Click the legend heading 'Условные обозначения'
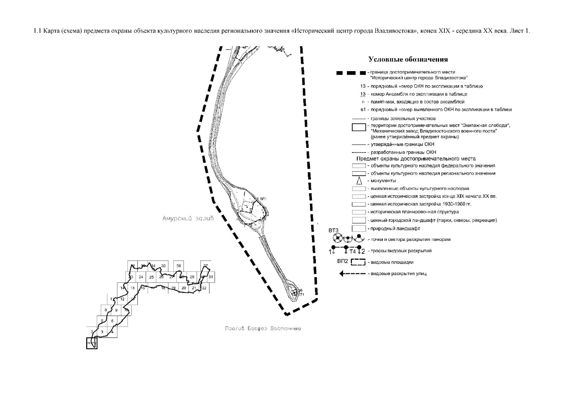(x=408, y=60)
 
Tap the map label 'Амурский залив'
(x=188, y=219)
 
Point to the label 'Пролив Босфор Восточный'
(x=263, y=329)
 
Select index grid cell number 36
(x=179, y=266)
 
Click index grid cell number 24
(x=141, y=277)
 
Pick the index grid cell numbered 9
(x=116, y=310)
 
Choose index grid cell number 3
(x=102, y=332)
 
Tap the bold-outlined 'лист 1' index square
(x=92, y=343)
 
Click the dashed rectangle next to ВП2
(x=358, y=262)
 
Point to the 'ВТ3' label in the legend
(x=333, y=230)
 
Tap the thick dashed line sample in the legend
(x=351, y=73)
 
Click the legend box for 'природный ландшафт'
(x=359, y=228)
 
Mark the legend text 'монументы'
(x=383, y=181)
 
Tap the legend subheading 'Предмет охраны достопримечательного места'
(x=416, y=159)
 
